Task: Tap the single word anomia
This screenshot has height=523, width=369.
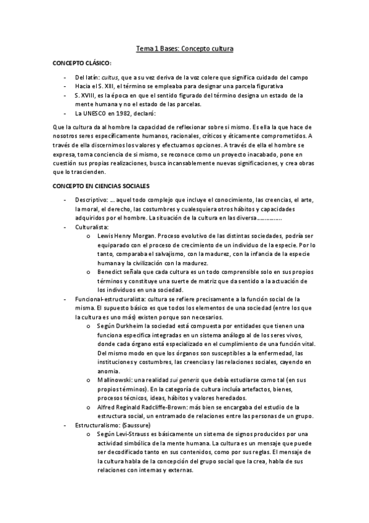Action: [x=108, y=371]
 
